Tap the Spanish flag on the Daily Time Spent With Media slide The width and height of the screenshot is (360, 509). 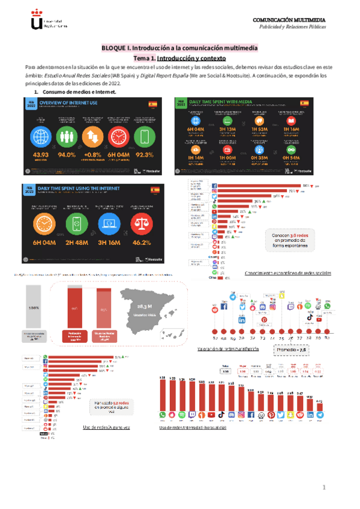(x=304, y=103)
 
